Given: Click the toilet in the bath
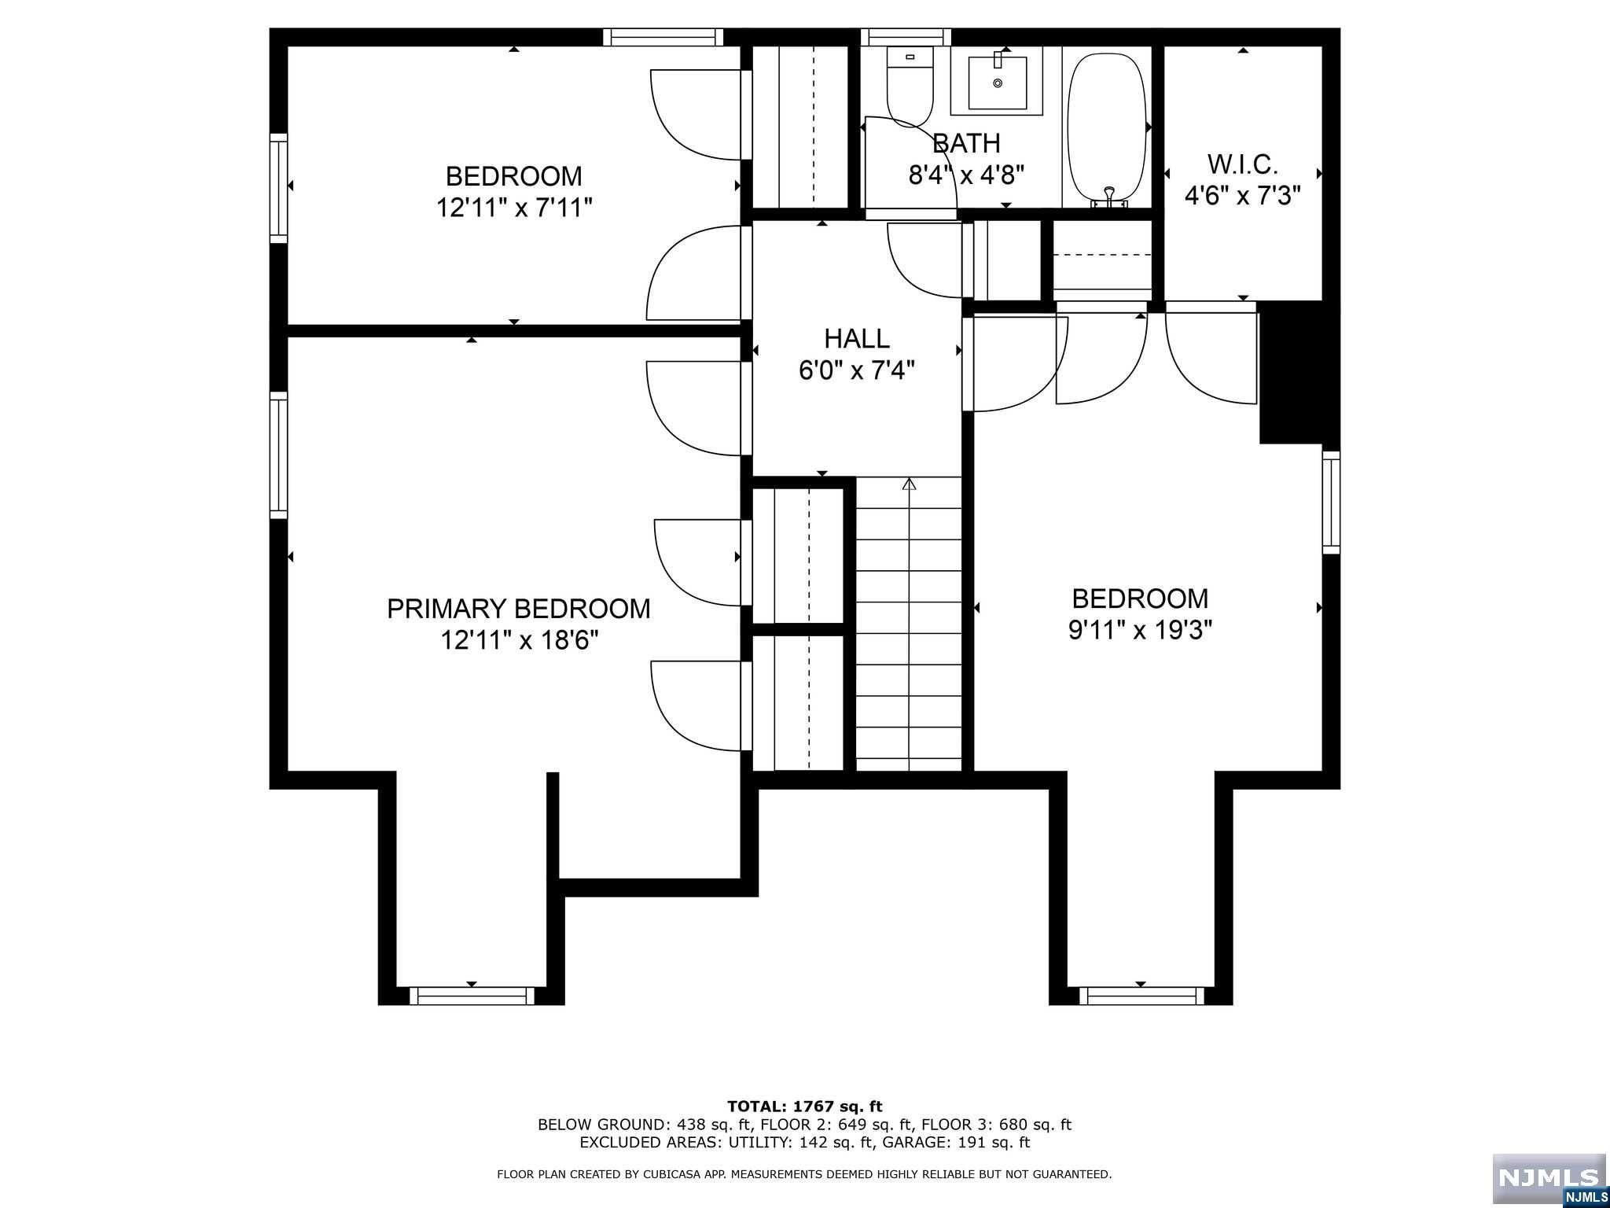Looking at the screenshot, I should click(910, 87).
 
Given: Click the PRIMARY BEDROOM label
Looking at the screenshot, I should click(518, 609).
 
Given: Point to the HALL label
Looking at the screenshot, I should click(857, 339).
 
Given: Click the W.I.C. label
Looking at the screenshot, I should click(1242, 164).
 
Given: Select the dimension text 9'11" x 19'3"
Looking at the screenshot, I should click(1140, 631).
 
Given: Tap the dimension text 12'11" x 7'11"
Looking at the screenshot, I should click(514, 208).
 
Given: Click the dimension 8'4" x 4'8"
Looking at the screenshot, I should click(966, 175).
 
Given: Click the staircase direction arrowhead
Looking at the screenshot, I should click(910, 484).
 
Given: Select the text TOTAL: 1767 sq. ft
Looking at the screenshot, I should click(804, 1107).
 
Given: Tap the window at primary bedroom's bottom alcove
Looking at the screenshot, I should click(472, 996).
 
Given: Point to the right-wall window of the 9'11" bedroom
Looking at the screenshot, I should click(1331, 503).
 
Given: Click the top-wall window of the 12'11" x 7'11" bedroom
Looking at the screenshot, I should click(663, 37).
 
